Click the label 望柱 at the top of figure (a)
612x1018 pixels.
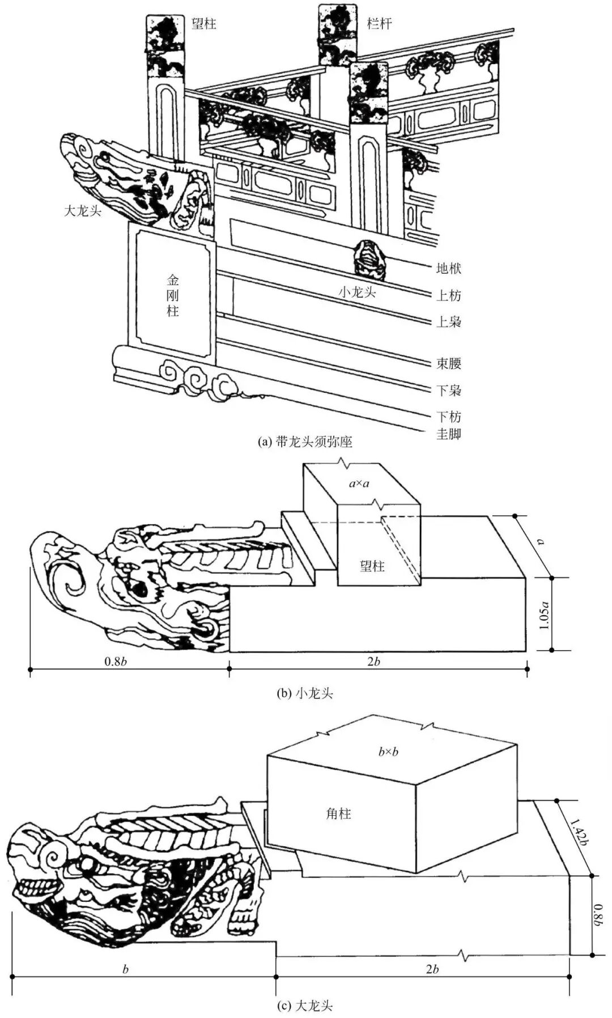pyautogui.click(x=203, y=23)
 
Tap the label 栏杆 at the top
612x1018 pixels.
pyautogui.click(x=379, y=23)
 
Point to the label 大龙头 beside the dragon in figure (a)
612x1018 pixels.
pyautogui.click(x=82, y=211)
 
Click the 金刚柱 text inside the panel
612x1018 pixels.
pyautogui.click(x=172, y=296)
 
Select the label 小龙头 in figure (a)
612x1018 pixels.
pyautogui.click(x=358, y=292)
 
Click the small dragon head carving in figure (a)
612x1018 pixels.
pyautogui.click(x=370, y=259)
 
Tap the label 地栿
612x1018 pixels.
pyautogui.click(x=448, y=268)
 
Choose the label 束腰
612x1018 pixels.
pyautogui.click(x=448, y=363)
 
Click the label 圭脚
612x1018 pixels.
pyautogui.click(x=448, y=435)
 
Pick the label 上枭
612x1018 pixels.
pyautogui.click(x=448, y=321)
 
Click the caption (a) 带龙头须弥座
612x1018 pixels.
pyautogui.click(x=305, y=442)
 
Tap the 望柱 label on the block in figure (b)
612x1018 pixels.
pyautogui.click(x=372, y=566)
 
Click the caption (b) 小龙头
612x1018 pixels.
pyautogui.click(x=305, y=693)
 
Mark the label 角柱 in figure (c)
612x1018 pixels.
pyautogui.click(x=338, y=814)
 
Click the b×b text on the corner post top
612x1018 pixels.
pyautogui.click(x=388, y=752)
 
